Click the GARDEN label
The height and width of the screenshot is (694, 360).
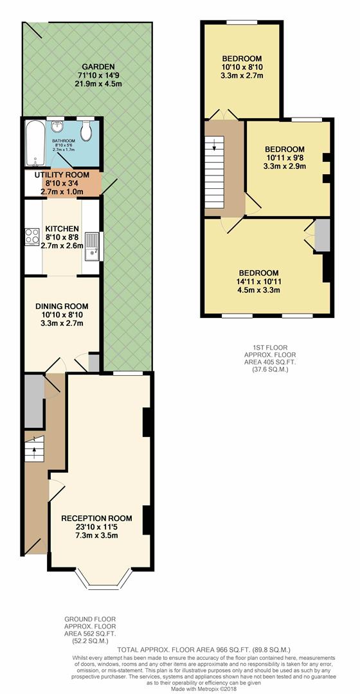click(x=98, y=67)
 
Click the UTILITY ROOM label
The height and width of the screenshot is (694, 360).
click(x=62, y=175)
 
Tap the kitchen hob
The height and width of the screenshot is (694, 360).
click(x=30, y=238)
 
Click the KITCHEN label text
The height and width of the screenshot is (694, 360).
click(x=62, y=229)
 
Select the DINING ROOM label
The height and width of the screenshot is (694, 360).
click(x=62, y=306)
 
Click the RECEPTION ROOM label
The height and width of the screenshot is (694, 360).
click(x=96, y=519)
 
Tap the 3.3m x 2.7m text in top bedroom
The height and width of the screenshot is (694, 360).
click(x=241, y=76)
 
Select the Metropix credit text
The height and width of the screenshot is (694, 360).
click(x=179, y=689)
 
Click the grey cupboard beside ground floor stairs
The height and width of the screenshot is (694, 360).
click(x=33, y=401)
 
